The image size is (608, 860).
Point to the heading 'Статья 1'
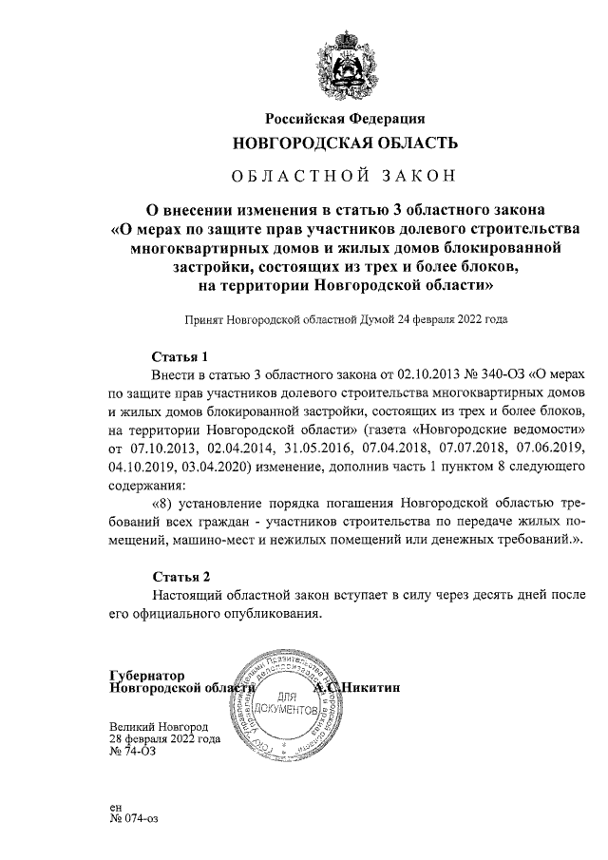coord(180,357)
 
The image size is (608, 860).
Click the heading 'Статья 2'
coord(180,577)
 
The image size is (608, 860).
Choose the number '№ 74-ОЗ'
coord(133,751)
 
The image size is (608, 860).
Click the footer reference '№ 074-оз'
coord(135,818)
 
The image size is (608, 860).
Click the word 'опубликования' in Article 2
coord(271,613)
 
